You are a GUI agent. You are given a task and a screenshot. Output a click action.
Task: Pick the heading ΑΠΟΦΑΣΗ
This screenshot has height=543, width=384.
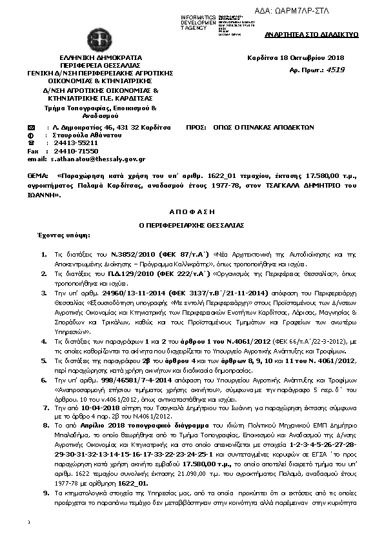[192, 211]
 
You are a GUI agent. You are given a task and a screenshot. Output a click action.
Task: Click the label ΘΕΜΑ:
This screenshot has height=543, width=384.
[37, 175]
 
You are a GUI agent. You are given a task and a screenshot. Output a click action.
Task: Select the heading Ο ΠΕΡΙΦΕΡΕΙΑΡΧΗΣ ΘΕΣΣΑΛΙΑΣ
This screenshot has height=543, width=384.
[192, 226]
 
